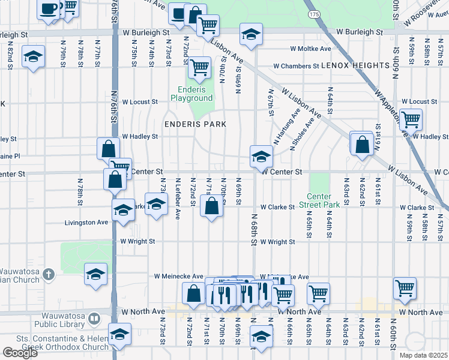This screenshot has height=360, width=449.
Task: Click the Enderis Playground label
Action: coord(191,94)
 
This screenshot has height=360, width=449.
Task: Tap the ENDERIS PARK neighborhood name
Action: coord(196,124)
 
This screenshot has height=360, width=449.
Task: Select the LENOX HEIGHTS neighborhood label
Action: coord(355,65)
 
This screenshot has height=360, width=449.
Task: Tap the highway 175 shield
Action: coord(312,13)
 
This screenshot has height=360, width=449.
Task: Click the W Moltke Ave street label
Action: coord(310,49)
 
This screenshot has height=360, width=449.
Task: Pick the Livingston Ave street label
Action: coord(86,223)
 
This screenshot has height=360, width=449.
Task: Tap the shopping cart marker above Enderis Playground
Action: coord(199,68)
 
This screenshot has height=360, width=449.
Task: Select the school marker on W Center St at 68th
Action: coord(261,157)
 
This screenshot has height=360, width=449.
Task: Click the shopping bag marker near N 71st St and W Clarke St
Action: coord(212,207)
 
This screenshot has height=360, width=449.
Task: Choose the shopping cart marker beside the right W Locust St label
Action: coord(411,119)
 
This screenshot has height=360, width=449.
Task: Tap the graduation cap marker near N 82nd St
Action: coord(33,57)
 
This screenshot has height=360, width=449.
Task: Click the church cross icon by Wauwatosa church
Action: coord(49,274)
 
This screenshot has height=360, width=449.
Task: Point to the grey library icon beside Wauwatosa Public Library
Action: coord(94,319)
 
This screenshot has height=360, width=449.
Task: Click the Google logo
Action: coord(20,353)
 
